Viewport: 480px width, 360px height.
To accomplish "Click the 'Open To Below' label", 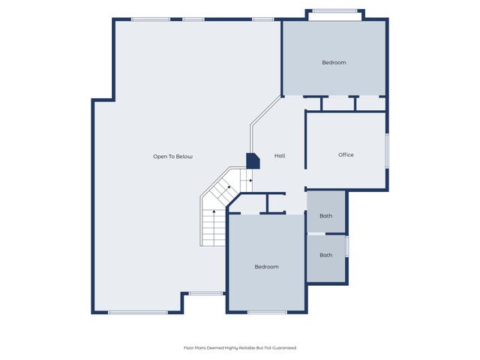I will (172, 157).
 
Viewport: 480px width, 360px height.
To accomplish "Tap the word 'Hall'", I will (279, 156).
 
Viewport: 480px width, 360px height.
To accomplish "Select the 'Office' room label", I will (346, 155).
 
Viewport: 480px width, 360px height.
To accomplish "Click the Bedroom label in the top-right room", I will (334, 62).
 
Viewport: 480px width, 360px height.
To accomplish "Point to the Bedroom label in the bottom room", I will (266, 267).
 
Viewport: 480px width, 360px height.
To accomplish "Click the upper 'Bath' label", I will (325, 216).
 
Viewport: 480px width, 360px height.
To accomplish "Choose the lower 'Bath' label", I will (325, 255).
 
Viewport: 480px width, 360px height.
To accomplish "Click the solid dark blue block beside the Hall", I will (253, 160).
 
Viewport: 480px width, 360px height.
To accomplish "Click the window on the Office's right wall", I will (387, 151).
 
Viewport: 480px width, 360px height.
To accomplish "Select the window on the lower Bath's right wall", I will (347, 247).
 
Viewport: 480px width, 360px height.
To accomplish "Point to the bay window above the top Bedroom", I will (334, 10).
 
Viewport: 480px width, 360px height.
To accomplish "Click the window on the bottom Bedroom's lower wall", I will (267, 312).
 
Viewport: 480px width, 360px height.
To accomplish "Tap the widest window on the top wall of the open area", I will (150, 19).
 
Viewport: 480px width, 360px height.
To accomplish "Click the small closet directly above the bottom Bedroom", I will (276, 203).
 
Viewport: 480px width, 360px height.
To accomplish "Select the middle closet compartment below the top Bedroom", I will (339, 103).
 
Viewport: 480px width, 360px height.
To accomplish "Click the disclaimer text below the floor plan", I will (240, 348).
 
